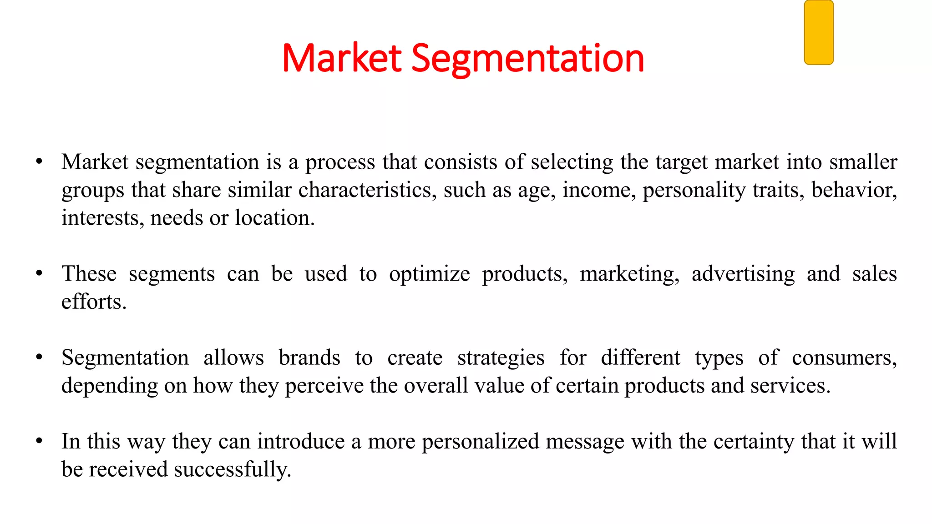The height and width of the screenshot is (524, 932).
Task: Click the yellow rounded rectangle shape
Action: coord(819,32)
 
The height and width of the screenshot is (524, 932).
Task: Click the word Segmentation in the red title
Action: coord(527,58)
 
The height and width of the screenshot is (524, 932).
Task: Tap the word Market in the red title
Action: coord(341,58)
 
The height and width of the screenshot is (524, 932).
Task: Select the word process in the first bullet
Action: coord(340,163)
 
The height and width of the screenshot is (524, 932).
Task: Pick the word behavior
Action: coord(854,190)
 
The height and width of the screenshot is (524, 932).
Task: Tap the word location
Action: coord(274,218)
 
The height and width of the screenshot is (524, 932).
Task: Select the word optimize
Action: coord(429,274)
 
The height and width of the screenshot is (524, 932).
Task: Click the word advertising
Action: coord(743,274)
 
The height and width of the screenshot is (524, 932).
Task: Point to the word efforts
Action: coord(94,302)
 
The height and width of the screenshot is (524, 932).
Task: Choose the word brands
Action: coord(309,358)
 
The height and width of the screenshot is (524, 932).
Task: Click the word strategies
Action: coord(501,358)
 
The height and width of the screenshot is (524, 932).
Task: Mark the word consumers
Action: coord(844,358)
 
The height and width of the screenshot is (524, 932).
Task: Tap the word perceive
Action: coord(324,386)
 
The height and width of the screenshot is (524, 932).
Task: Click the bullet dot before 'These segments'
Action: coord(40,273)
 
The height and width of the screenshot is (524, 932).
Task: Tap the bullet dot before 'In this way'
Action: coord(40,441)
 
